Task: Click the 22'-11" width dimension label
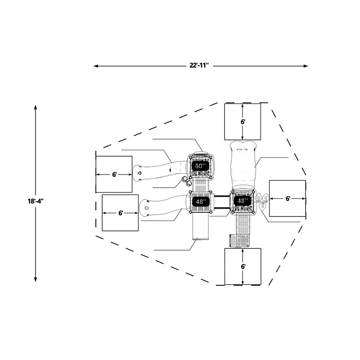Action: tap(199, 65)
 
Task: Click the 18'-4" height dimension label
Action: tap(36, 201)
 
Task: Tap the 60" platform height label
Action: tap(199, 166)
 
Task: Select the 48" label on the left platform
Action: tap(199, 202)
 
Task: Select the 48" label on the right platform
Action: tap(241, 201)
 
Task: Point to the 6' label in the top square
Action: tap(243, 122)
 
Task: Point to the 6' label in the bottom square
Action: tap(243, 266)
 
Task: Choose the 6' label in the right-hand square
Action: tap(288, 198)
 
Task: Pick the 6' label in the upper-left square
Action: tap(115, 175)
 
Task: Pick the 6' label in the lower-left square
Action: tap(121, 213)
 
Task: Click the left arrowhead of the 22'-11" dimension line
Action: tap(96, 66)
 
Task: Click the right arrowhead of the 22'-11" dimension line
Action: tap(306, 66)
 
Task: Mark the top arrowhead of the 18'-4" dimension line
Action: tap(36, 108)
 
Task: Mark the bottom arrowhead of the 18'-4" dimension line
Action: tap(36, 279)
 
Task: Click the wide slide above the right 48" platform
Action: tap(243, 165)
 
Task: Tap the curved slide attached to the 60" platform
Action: tap(161, 171)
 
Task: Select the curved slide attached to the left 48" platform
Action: tap(164, 207)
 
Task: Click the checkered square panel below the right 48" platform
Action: tap(243, 241)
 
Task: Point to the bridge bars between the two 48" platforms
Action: tap(222, 202)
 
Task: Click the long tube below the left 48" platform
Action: tap(200, 226)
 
